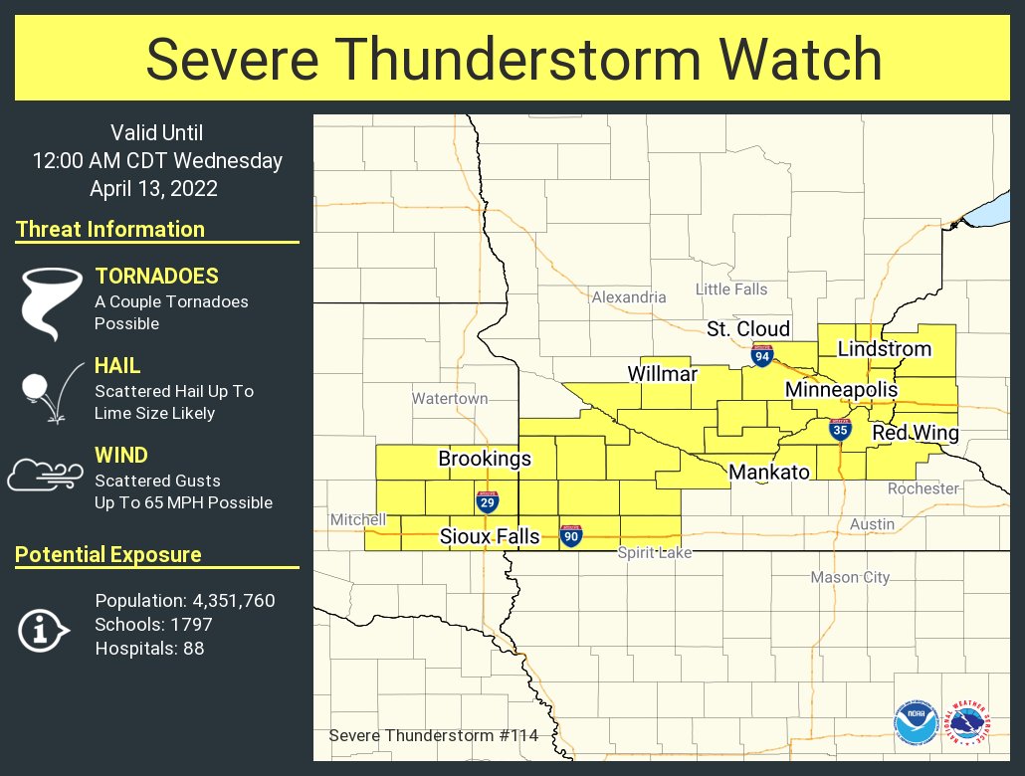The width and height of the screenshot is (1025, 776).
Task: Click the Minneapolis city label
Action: (841, 390)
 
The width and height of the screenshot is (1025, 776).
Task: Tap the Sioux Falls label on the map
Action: (490, 537)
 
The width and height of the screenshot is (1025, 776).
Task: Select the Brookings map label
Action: (485, 460)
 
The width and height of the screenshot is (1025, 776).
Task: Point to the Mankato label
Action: (769, 473)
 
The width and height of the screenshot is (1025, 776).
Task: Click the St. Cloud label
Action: (748, 329)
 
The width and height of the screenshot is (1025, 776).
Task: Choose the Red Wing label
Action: (916, 434)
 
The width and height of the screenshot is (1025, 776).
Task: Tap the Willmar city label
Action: (662, 374)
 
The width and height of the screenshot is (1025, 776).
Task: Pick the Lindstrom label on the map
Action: (884, 349)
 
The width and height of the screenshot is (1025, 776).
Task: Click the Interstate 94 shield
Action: (762, 355)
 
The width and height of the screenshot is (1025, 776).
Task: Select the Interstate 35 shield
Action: (841, 429)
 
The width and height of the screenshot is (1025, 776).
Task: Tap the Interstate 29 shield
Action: (488, 502)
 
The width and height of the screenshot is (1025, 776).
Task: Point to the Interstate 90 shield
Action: (571, 536)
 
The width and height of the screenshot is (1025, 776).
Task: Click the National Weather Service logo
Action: (965, 723)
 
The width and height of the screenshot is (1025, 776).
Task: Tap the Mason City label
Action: (850, 577)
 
